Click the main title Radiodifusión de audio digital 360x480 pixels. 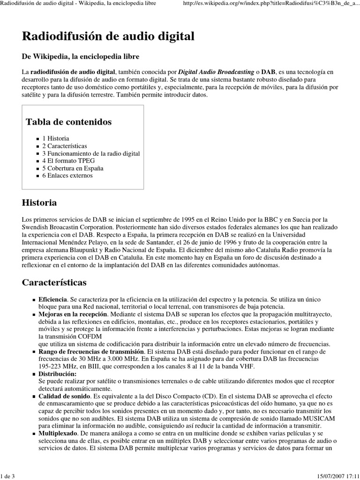tap(108, 36)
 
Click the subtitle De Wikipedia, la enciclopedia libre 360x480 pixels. tap(80, 56)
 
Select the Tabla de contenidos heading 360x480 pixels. tap(68, 122)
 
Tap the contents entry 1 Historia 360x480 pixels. tap(56, 138)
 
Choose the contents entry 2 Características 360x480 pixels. tap(65, 146)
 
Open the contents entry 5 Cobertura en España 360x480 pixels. tap(73, 168)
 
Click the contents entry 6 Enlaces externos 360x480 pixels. tap(67, 176)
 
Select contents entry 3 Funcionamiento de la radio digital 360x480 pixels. tap(91, 153)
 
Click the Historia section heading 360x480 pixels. tap(39, 203)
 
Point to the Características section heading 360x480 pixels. tap(54, 283)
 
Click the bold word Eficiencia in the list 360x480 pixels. tap(53, 299)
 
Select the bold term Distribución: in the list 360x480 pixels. tap(57, 374)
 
